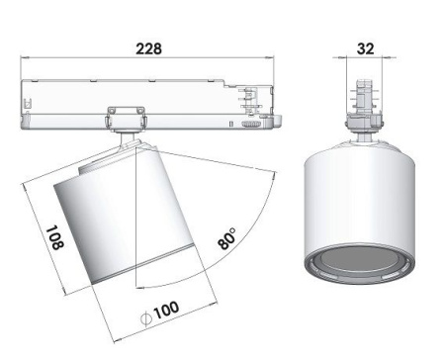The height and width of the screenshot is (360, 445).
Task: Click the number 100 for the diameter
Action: click(x=165, y=310)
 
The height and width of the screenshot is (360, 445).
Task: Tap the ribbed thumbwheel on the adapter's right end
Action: click(x=251, y=126)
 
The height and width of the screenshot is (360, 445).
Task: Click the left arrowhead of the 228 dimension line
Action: click(x=27, y=63)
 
